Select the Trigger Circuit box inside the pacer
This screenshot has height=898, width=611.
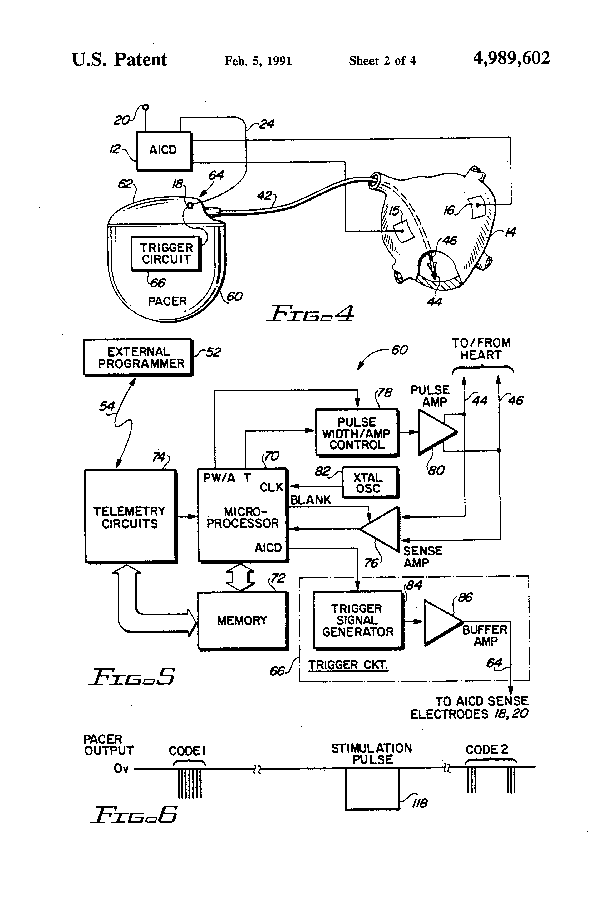pos(166,253)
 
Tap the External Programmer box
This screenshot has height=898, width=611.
pos(138,357)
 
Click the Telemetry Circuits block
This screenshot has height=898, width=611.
pos(130,517)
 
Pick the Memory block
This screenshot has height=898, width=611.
pos(243,621)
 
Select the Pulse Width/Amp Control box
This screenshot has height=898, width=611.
pos(357,433)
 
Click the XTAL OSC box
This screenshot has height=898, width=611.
pos(369,483)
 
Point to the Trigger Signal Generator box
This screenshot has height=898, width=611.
pos(358,620)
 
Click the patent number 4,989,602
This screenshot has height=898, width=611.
pos(511,58)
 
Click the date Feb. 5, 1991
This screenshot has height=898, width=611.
pos(258,61)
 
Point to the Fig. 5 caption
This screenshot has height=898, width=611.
pos(132,676)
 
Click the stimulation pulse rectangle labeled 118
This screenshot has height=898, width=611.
pos(372,789)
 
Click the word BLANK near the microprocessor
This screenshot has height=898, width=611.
pos(310,500)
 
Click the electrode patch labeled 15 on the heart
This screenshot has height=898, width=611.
pos(403,231)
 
